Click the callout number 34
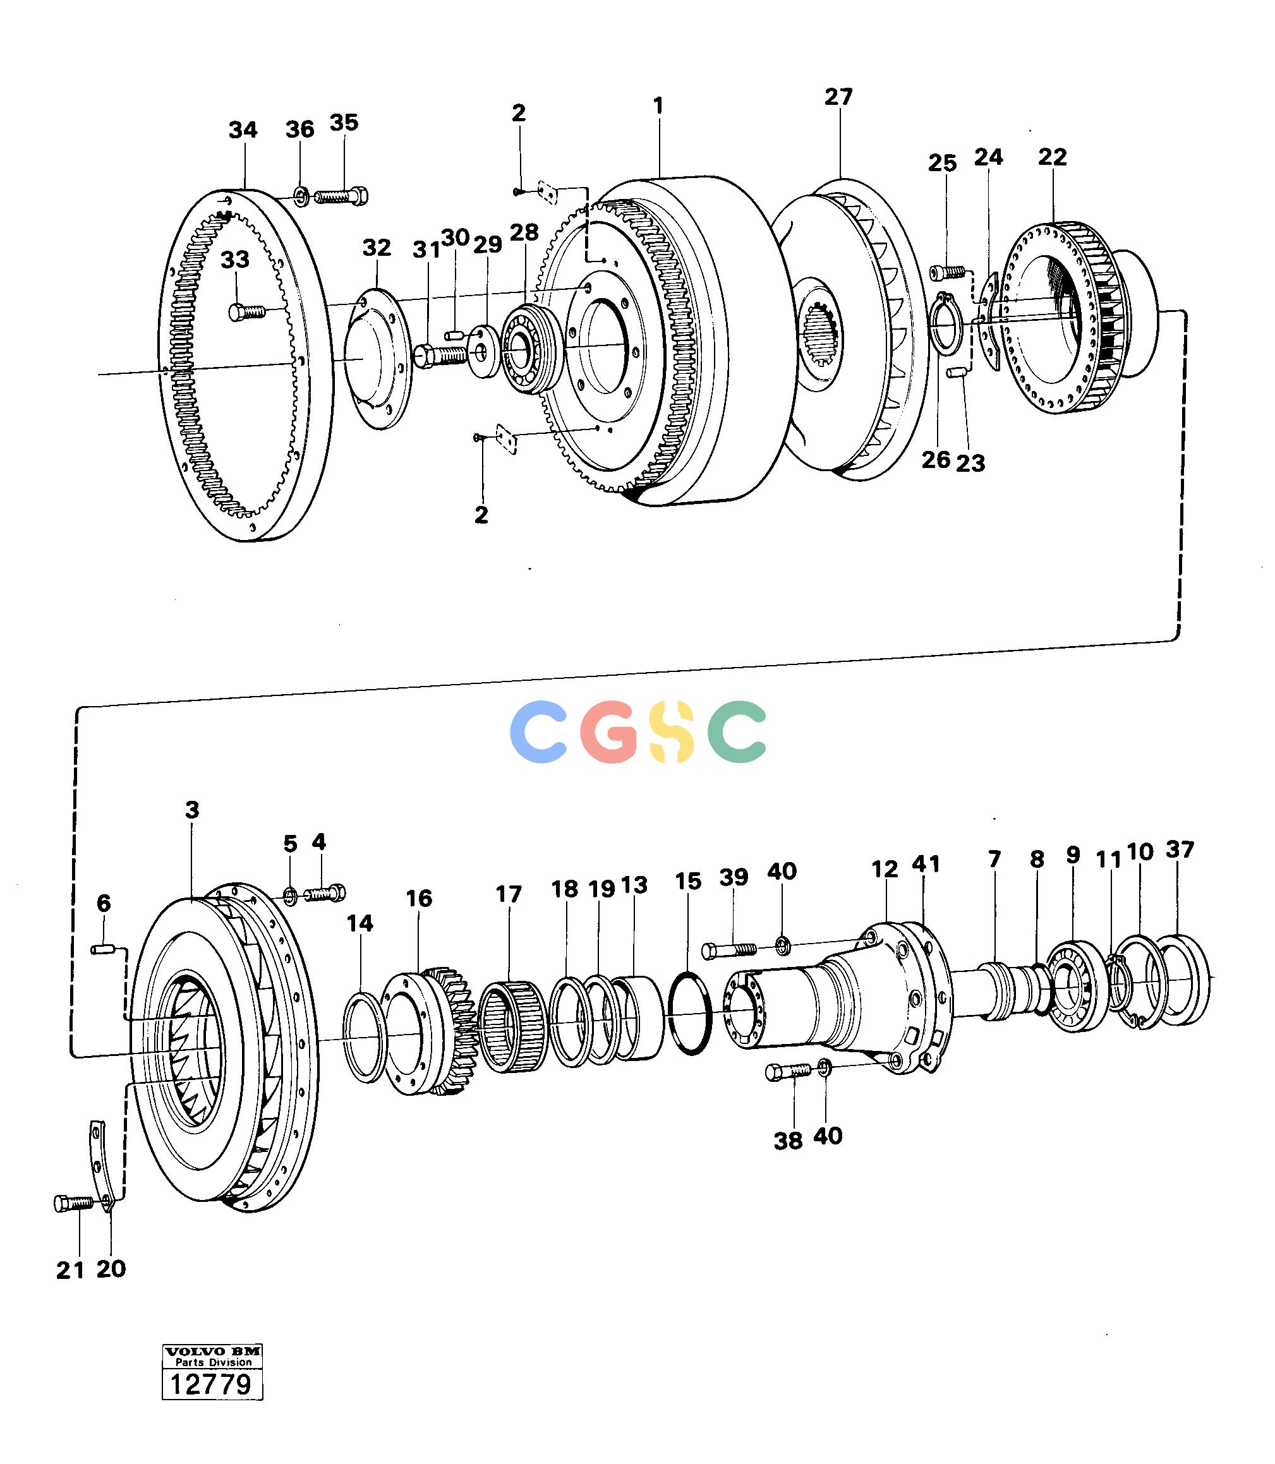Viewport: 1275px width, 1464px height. click(x=243, y=131)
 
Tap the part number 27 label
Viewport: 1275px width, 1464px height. click(x=839, y=97)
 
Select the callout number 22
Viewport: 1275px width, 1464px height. click(x=1053, y=157)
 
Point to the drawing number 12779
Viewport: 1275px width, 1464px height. click(x=211, y=1384)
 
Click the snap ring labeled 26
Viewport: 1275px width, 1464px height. click(x=946, y=322)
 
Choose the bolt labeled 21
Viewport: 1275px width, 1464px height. click(x=73, y=1203)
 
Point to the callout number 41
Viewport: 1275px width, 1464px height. click(x=926, y=864)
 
